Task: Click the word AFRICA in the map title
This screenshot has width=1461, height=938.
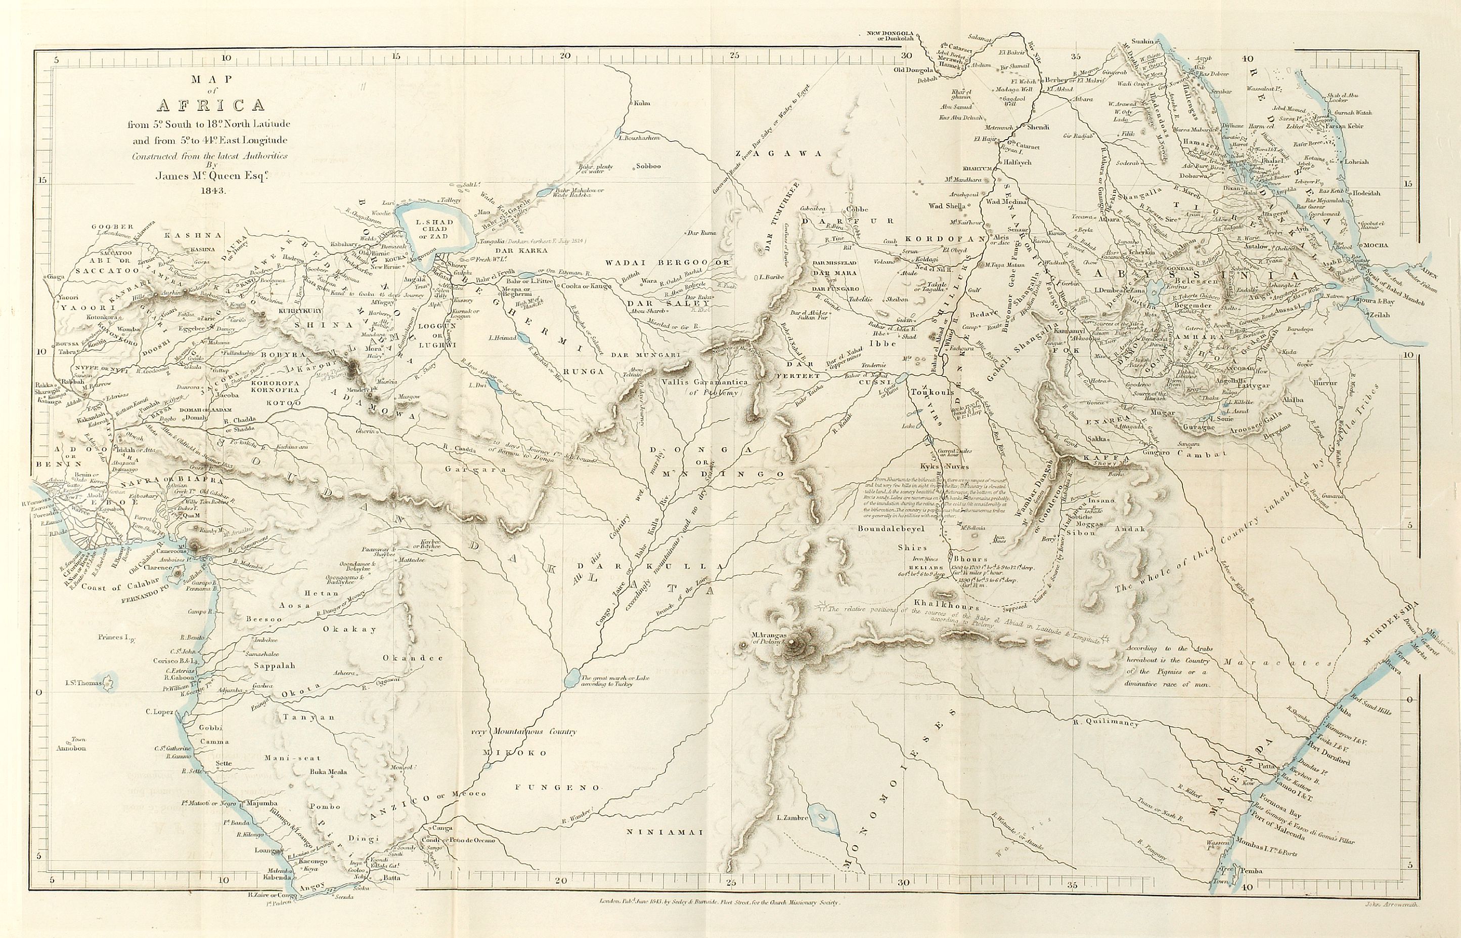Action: [210, 105]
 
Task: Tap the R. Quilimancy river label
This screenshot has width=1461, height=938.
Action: [1105, 723]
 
